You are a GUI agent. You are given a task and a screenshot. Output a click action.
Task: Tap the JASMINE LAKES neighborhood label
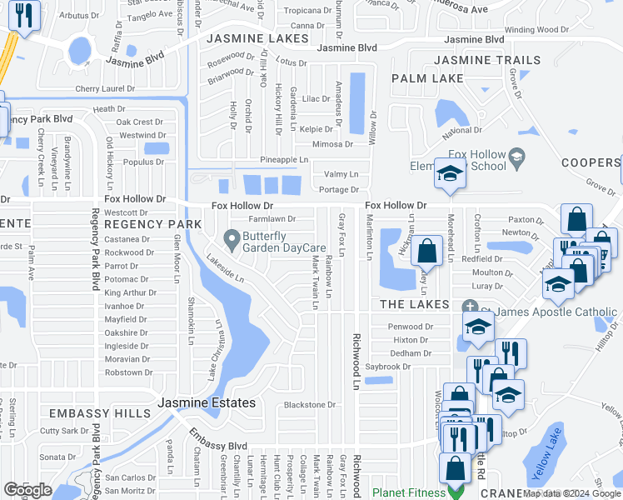click(x=257, y=39)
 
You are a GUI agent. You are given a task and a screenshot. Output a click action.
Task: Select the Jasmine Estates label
click(x=207, y=402)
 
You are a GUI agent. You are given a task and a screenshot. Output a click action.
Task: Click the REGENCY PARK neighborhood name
click(x=153, y=225)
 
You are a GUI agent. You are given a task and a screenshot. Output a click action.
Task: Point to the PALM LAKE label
click(x=427, y=78)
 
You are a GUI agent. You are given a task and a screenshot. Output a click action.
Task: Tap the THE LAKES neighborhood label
click(x=415, y=305)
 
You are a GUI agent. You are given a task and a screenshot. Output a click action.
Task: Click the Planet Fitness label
click(x=409, y=492)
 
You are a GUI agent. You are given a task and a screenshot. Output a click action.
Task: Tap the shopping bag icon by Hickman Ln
click(x=426, y=250)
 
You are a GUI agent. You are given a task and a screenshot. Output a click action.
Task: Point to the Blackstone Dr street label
click(x=309, y=406)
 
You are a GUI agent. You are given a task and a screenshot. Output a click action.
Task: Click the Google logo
click(x=27, y=490)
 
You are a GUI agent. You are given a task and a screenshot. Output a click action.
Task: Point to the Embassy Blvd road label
click(x=217, y=444)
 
